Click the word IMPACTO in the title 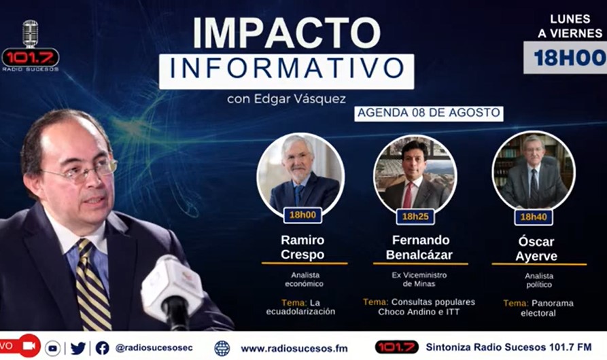click(x=287, y=33)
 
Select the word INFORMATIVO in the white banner click(x=287, y=68)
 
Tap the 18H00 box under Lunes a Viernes click(x=566, y=58)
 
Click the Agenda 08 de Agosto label click(x=428, y=113)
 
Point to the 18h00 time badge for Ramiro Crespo click(x=302, y=215)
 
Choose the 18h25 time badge click(x=415, y=217)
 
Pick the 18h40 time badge click(x=534, y=217)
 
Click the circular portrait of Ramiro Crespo click(x=300, y=175)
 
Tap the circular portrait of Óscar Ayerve click(x=534, y=173)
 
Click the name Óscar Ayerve click(x=536, y=249)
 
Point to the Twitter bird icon click(x=78, y=348)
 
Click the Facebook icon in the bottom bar click(x=102, y=348)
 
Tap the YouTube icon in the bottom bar click(x=52, y=348)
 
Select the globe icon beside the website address click(x=222, y=348)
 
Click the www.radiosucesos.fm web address click(x=294, y=348)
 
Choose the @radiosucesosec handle click(x=154, y=348)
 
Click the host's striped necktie click(x=92, y=285)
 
